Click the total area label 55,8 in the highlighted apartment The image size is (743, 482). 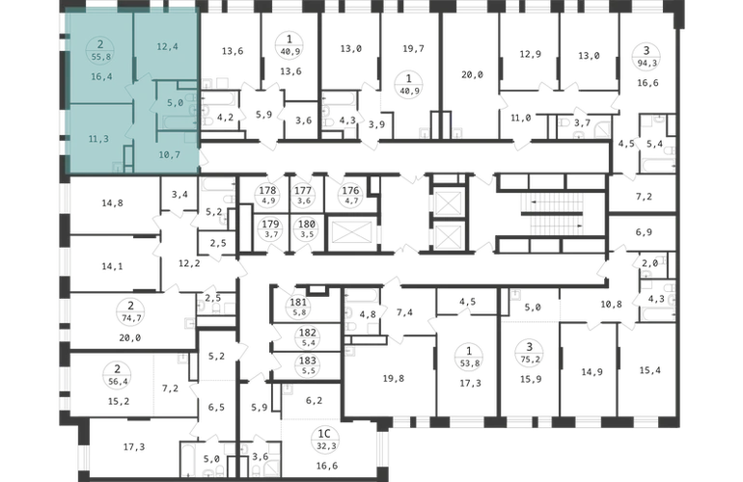(x=101, y=57)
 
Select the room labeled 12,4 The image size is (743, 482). (x=167, y=46)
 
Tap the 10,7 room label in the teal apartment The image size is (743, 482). (x=169, y=154)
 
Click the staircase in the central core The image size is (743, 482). (x=553, y=214)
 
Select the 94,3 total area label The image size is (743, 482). (x=646, y=62)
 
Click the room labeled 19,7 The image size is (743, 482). (x=413, y=49)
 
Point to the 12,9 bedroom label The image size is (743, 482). (x=531, y=54)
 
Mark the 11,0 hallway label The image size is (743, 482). (x=521, y=118)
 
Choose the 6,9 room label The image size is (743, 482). (x=644, y=232)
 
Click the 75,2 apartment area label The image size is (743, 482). (x=531, y=360)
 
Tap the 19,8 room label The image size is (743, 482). (x=394, y=378)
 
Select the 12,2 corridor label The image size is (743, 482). (x=189, y=264)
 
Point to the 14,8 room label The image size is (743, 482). (x=112, y=203)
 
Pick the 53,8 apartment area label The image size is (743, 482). (x=469, y=363)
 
